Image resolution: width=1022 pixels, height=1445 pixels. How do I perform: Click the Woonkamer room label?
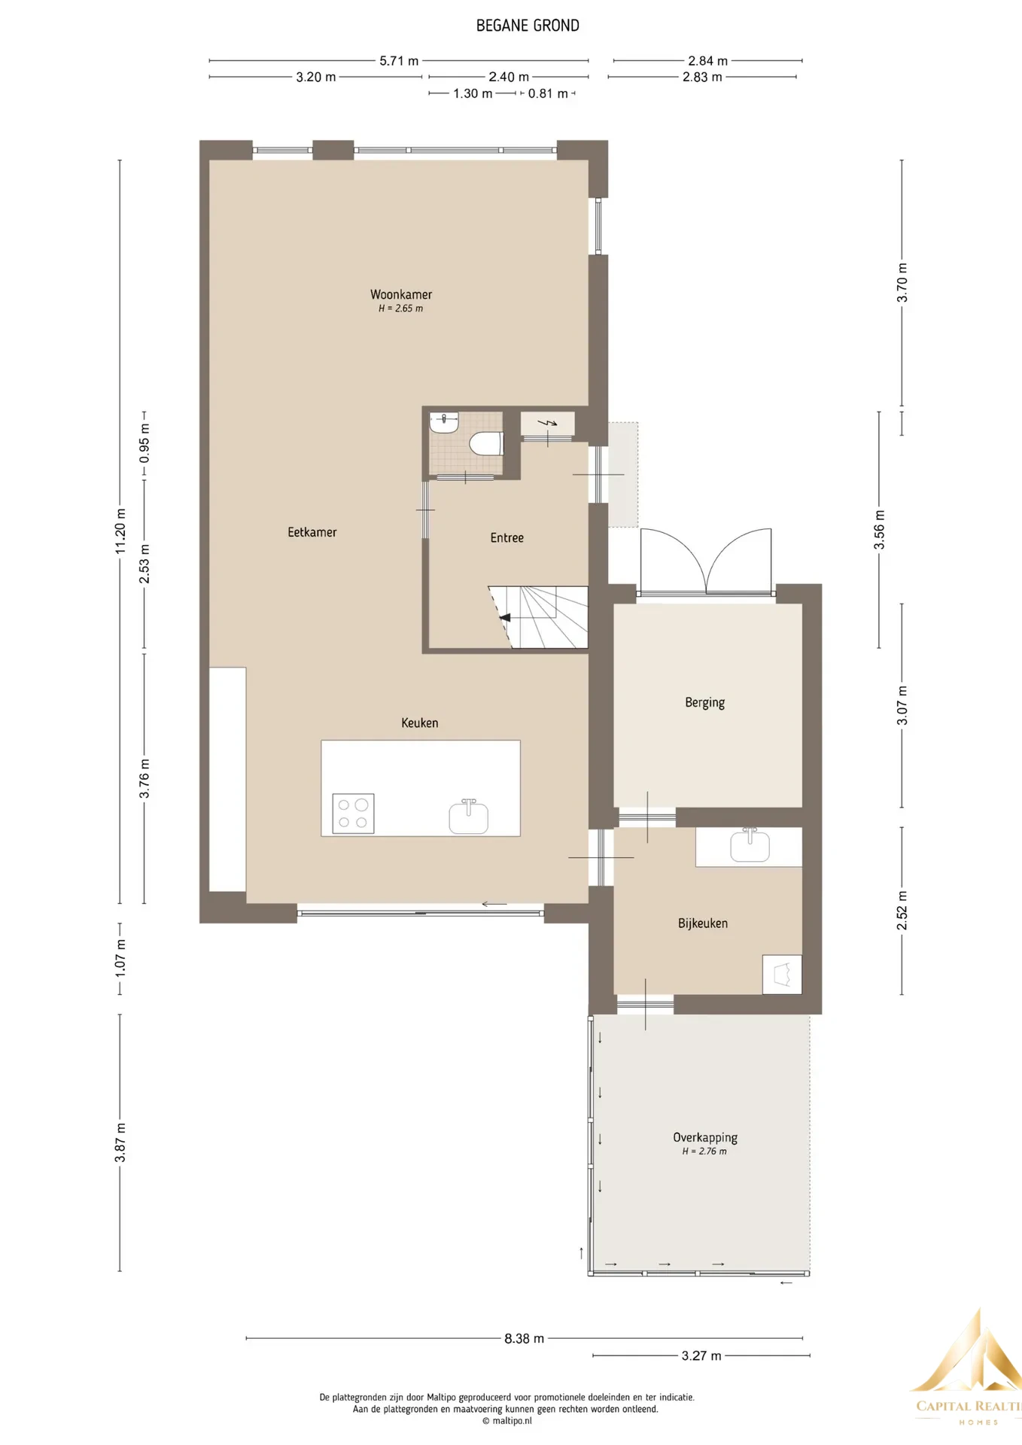pos(401,294)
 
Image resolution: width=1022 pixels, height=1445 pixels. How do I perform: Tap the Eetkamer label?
pos(312,532)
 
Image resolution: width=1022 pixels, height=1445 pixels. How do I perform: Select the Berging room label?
pos(705,702)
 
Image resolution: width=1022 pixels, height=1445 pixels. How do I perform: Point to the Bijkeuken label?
pos(703,923)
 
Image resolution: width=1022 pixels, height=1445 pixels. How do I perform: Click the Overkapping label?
pos(705,1137)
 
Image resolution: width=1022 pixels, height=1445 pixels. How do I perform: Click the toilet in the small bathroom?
pos(485,443)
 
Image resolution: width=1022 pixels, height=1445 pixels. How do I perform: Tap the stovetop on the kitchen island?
pos(354,814)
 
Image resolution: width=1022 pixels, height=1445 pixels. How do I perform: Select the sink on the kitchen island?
pos(469,817)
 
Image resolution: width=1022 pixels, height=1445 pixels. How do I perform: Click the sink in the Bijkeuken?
pos(750,845)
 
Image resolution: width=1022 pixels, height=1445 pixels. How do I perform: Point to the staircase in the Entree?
pos(538,617)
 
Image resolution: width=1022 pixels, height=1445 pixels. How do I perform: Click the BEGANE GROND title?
pos(528,26)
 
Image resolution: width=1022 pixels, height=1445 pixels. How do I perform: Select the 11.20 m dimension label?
pos(120,531)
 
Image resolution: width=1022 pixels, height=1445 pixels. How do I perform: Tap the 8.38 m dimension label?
pos(524,1339)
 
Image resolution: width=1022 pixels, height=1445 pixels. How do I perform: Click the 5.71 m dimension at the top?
pos(399,61)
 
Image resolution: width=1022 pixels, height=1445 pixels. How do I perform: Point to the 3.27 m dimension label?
pos(701,1355)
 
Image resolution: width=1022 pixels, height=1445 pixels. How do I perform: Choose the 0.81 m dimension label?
pos(548,94)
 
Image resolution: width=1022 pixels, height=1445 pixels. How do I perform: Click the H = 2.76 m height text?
pos(704,1151)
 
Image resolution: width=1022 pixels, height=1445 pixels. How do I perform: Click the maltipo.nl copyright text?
pos(507,1421)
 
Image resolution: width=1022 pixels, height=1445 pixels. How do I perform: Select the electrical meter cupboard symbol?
pos(548,423)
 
